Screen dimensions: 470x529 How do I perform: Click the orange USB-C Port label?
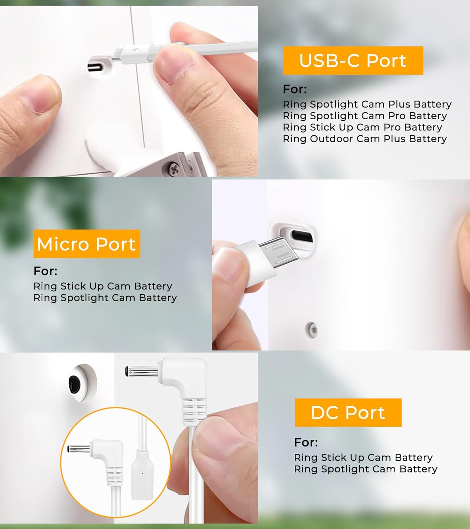point(353,61)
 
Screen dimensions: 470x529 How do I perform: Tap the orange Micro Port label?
point(87,244)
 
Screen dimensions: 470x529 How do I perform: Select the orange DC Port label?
point(348,413)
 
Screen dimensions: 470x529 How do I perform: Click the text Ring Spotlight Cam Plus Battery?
point(367,104)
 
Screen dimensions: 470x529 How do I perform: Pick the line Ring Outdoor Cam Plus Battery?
point(365,139)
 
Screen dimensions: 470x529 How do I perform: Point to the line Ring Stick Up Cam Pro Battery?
point(362,127)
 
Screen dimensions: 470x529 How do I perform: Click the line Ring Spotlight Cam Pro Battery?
point(365,116)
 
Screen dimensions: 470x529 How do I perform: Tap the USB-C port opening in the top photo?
point(96,68)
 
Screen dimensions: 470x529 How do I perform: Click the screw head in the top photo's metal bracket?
point(173,166)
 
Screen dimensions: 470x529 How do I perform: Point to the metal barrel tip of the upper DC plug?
point(142,371)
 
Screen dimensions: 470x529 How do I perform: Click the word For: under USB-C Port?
point(295,89)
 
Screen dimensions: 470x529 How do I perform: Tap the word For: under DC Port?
point(306,442)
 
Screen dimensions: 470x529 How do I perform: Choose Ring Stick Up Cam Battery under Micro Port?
point(103,286)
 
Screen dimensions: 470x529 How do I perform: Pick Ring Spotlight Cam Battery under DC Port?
point(366,469)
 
